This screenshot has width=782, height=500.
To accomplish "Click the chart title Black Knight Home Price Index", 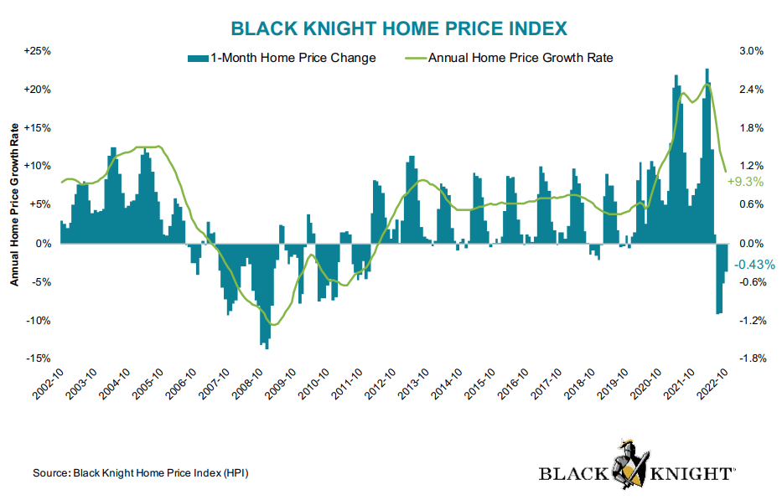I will [399, 28].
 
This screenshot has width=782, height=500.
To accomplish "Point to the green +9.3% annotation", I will [745, 182].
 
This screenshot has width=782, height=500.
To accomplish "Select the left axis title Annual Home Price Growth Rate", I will [14, 204].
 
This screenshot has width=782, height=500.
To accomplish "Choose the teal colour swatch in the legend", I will [196, 58].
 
